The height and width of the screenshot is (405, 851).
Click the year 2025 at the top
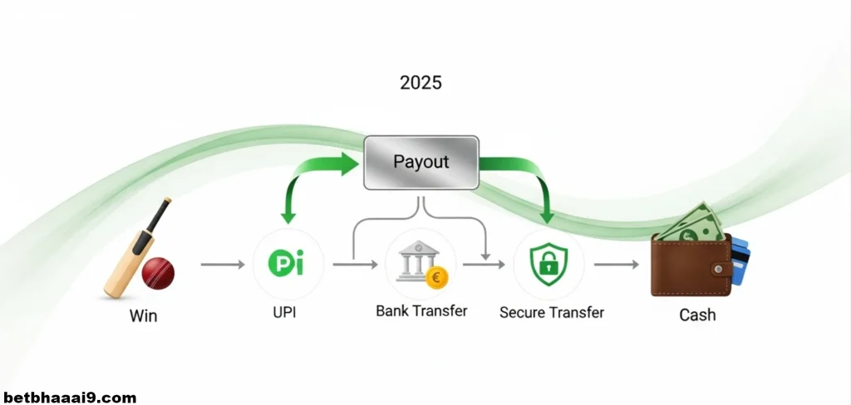coord(421,82)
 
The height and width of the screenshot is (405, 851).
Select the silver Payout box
coord(421,163)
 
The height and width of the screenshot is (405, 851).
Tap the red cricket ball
coord(158,273)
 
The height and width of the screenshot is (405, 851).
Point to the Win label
coord(143,315)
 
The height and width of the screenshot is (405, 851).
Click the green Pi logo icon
coord(286,264)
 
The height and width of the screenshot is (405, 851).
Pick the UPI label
coord(284,313)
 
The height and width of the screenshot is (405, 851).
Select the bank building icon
coord(417,261)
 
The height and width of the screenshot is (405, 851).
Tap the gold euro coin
coord(437,278)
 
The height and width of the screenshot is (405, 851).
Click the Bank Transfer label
coord(421,311)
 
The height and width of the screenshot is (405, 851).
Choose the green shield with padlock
coord(548,264)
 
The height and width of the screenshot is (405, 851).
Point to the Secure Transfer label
coord(552,312)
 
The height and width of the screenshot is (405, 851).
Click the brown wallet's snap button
coord(720,269)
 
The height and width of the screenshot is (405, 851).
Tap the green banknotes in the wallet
coord(691,224)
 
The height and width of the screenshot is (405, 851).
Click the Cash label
coord(697,315)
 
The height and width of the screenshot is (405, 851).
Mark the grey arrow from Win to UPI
coord(223,265)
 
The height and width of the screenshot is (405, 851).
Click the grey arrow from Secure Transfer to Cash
coord(616,265)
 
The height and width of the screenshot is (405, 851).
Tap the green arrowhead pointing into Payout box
coord(350,163)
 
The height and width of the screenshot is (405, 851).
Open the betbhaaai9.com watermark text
coord(68,398)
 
